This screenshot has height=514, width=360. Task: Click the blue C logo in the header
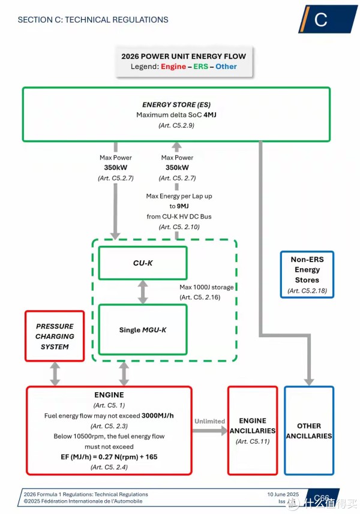click(322, 19)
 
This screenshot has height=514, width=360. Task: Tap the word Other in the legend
click(226, 67)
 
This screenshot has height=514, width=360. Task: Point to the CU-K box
click(142, 263)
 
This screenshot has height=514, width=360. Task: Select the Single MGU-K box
click(142, 329)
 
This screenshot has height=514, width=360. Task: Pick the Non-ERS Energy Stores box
click(307, 274)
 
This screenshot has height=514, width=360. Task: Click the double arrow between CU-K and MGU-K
click(142, 292)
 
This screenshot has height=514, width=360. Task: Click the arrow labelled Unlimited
click(209, 430)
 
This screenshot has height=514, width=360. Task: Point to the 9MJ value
click(176, 206)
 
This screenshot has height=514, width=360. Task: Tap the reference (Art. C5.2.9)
click(176, 125)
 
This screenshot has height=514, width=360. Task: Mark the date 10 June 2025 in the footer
click(283, 494)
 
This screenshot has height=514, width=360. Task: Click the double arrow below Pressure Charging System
click(55, 373)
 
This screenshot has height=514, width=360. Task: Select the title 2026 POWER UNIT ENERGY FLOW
click(184, 56)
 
